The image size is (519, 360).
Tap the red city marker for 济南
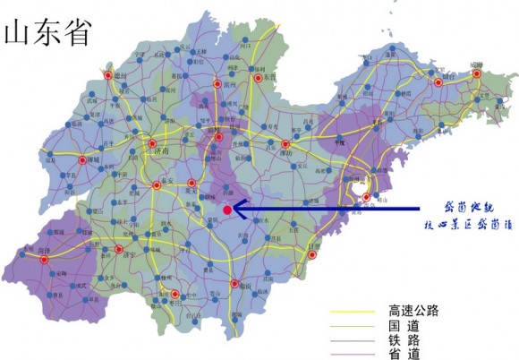click(152, 144)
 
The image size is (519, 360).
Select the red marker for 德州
click(108, 76)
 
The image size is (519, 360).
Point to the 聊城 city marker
click(82, 161)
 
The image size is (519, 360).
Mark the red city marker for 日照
click(313, 256)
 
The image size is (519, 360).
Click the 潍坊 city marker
click(285, 144)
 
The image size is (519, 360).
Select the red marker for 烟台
click(439, 82)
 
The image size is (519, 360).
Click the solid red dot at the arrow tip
click(227, 210)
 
